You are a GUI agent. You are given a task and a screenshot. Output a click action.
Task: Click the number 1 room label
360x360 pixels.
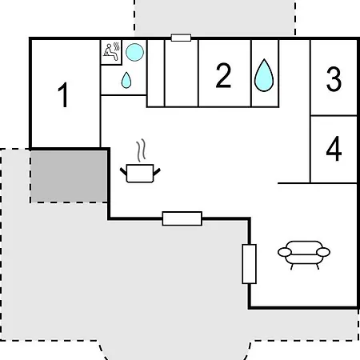[63, 94]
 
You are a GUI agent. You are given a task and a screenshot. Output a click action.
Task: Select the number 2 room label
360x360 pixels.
[223, 75]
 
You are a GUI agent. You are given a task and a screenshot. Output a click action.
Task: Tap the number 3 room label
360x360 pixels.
[334, 79]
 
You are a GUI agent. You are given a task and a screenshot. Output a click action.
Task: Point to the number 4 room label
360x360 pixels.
[334, 148]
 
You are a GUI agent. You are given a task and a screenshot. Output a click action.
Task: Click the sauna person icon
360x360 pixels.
[111, 52]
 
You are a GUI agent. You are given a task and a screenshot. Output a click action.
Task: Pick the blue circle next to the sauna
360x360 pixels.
[134, 52]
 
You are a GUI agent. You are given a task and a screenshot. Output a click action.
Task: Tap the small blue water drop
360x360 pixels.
[126, 80]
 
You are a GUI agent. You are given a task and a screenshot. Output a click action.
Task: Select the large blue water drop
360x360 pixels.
[264, 75]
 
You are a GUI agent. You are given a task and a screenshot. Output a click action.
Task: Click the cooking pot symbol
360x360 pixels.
[140, 173]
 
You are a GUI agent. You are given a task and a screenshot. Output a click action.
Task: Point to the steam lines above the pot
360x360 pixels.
[142, 150]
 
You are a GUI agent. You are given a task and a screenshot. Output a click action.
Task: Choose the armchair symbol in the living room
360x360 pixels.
[304, 255]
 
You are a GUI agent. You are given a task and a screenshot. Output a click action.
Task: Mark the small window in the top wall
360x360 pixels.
[181, 38]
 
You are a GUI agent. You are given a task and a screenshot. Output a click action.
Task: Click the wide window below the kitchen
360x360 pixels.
[182, 218]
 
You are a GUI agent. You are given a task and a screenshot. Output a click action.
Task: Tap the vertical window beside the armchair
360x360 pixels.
[250, 264]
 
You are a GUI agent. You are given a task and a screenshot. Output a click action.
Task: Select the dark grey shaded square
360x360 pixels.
[69, 176]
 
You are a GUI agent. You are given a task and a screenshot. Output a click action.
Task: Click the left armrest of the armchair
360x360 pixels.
[285, 252]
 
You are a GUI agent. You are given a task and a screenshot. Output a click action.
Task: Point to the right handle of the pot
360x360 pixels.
[157, 172]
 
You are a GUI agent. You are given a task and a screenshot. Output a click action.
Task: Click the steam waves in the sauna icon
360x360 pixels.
[117, 46]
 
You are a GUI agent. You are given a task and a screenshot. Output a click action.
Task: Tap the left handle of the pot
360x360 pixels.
[123, 172]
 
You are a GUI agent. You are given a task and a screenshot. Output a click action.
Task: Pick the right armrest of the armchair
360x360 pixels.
[323, 252]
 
